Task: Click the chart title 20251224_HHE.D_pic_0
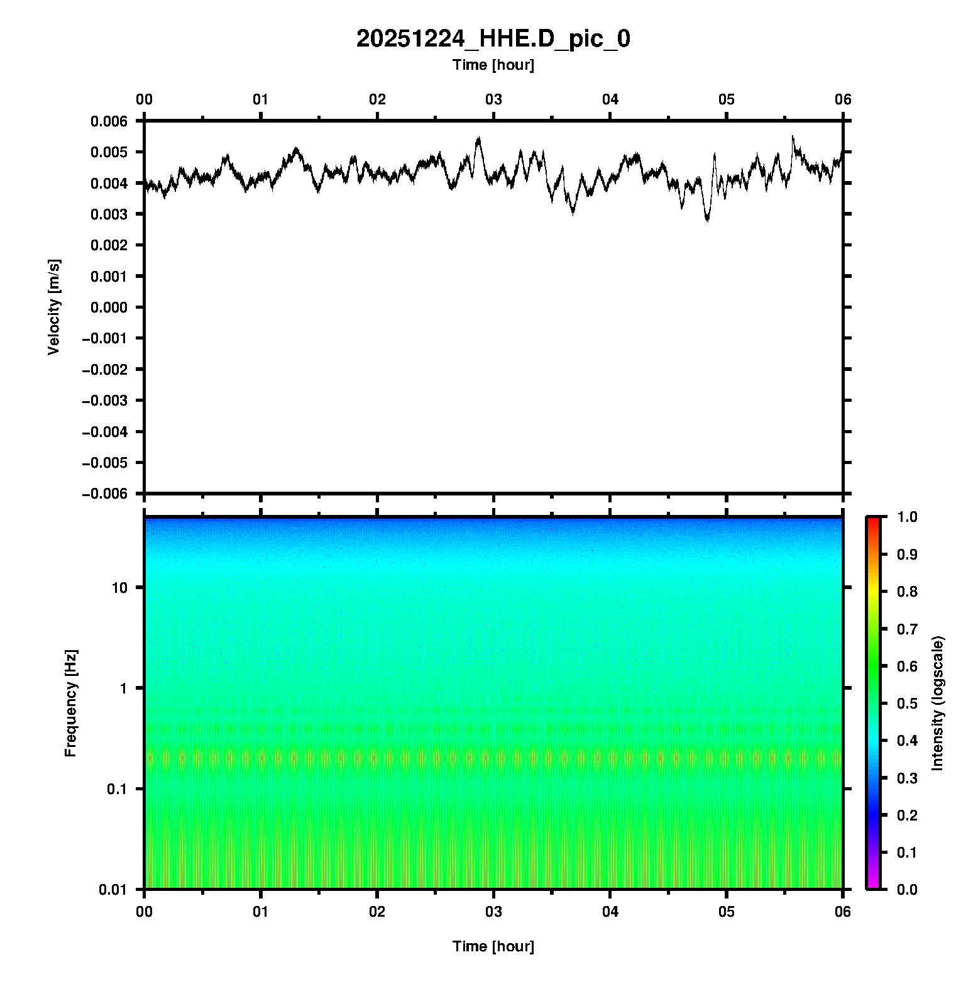493,39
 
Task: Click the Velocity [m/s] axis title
54,307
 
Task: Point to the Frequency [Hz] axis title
70,703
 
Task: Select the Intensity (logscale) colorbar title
938,703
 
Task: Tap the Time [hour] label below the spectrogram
493,946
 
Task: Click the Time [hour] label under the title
493,65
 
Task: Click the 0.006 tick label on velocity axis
109,121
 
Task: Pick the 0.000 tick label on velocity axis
109,307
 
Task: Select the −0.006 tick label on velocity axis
104,494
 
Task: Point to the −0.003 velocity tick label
104,401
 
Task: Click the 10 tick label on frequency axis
119,588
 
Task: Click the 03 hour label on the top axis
493,99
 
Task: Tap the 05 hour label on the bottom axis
727,912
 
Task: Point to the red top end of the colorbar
873,521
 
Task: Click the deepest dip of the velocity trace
708,221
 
